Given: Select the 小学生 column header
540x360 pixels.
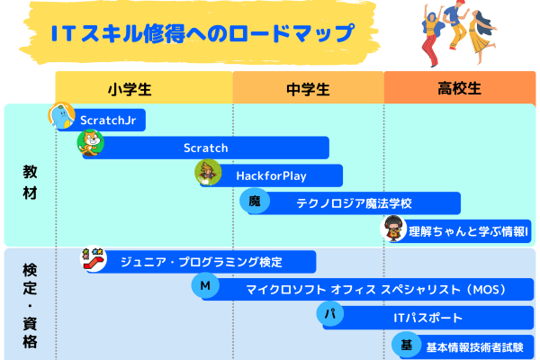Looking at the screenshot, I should click(x=144, y=88).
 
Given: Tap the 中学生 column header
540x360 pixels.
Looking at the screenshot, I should click(x=308, y=88).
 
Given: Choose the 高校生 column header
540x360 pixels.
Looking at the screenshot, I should click(x=460, y=88).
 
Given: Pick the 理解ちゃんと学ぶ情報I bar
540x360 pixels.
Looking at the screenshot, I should click(x=468, y=230).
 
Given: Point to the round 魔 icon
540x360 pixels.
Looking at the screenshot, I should click(x=256, y=202).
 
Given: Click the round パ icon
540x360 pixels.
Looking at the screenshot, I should click(x=330, y=315).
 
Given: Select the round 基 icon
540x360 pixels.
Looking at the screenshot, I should click(x=406, y=345).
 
